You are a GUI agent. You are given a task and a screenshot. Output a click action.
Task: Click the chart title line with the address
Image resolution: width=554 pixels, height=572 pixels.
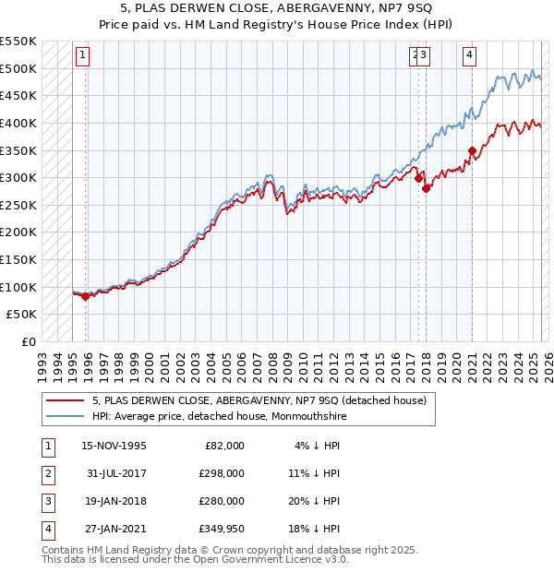click(x=276, y=9)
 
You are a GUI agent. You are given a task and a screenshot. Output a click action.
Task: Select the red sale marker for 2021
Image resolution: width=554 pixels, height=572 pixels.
click(x=472, y=150)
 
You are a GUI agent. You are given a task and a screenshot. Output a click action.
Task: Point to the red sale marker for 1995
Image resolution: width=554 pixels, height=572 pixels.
click(x=85, y=297)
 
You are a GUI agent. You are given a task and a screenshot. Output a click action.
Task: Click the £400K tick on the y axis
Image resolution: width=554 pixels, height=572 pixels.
click(x=19, y=123)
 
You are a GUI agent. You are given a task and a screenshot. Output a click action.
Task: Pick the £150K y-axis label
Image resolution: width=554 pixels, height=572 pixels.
click(x=19, y=260)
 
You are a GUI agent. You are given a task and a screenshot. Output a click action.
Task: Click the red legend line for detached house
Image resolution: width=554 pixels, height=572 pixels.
click(x=64, y=400)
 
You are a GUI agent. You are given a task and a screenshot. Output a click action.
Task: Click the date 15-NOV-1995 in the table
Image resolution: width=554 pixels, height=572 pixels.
click(x=114, y=446)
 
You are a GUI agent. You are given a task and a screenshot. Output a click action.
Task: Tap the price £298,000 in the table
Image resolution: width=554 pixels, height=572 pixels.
click(x=221, y=473)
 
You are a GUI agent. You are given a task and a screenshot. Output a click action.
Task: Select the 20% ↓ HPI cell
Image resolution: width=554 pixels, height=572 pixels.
click(x=315, y=501)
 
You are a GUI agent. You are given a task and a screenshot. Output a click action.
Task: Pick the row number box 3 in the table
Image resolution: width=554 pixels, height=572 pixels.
click(x=47, y=501)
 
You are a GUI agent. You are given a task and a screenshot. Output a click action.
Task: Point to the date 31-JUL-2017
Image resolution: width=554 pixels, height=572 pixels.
click(x=114, y=473)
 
